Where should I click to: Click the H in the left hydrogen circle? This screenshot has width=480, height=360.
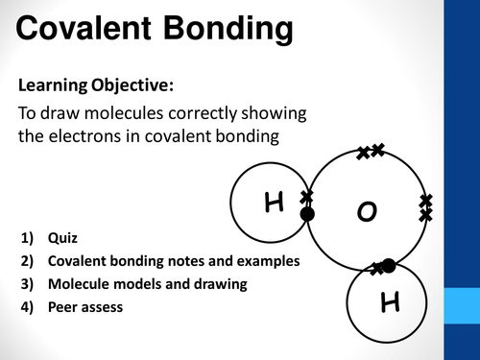tap(276, 202)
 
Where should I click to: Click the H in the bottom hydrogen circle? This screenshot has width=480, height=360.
tap(390, 303)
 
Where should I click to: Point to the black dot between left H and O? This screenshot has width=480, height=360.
tap(307, 214)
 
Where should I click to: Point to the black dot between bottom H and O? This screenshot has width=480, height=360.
tap(388, 265)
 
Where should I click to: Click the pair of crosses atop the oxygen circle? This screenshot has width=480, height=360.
tap(370, 152)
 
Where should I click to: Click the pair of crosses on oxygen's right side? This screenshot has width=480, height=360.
tap(426, 207)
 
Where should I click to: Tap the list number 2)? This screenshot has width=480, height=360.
tap(26, 261)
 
